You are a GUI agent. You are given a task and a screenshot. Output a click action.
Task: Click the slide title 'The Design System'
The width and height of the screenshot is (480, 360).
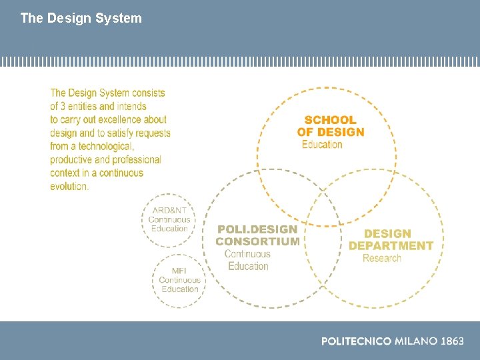[81, 18]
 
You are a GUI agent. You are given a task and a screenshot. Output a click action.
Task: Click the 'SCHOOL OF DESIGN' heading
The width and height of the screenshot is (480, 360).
[331, 126]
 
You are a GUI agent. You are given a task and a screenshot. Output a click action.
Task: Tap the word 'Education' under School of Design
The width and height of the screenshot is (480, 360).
[322, 145]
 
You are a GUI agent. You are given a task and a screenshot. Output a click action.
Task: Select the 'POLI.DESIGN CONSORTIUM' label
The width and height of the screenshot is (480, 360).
[257, 235]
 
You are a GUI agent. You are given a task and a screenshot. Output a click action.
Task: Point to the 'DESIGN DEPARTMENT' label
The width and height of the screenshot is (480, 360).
[391, 239]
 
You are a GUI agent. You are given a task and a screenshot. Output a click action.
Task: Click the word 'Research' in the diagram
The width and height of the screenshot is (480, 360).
[382, 258]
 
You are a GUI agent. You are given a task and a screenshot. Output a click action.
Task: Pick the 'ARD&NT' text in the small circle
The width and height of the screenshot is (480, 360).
[169, 211]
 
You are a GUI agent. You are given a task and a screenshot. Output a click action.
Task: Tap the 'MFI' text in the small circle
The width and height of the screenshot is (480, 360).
[179, 271]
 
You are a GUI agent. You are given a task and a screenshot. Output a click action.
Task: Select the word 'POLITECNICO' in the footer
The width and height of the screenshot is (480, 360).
[356, 341]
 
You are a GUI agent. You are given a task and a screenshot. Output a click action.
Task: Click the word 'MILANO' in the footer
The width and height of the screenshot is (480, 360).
[416, 341]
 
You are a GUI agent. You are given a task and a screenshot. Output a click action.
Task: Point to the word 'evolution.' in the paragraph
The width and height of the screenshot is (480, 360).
[69, 186]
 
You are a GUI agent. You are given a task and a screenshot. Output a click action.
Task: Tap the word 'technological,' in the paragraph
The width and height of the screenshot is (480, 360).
[106, 146]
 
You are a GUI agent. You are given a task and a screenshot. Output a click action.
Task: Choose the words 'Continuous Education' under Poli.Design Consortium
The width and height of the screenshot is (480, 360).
[247, 260]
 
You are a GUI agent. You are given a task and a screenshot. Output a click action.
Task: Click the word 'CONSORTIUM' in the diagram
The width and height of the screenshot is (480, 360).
[257, 241]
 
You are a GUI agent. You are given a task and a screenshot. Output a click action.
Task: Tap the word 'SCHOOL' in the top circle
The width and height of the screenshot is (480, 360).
[331, 120]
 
